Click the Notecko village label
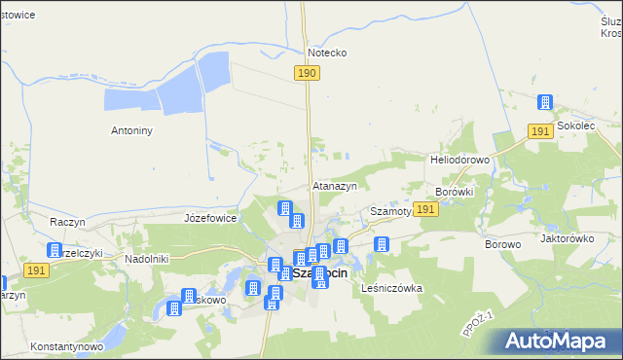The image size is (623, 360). (327, 53)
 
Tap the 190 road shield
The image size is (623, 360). (307, 73)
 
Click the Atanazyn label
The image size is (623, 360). (335, 185)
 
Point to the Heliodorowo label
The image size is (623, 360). (459, 159)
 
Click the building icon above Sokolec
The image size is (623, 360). (545, 103)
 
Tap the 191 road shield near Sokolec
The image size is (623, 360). (542, 131)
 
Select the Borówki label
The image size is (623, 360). (455, 192)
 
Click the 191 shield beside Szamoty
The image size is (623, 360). (424, 209)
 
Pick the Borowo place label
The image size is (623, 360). (503, 244)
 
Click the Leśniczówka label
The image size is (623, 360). (391, 288)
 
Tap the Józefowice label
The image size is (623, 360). (210, 218)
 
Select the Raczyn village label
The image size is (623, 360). (68, 222)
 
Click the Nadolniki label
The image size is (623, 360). (148, 259)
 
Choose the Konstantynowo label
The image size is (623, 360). (66, 346)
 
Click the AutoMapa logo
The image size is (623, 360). (559, 341)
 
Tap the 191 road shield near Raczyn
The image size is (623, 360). (37, 271)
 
